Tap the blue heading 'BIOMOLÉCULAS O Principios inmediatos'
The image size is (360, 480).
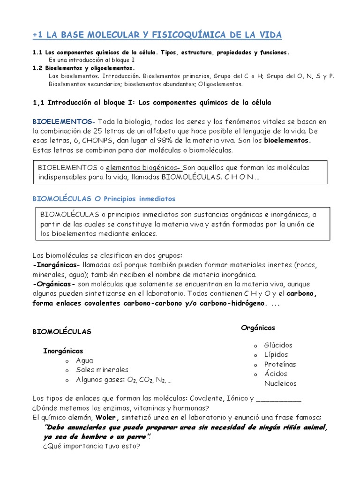(104, 199)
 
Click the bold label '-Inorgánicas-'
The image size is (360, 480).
(54, 264)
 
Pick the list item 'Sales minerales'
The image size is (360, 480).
(102, 370)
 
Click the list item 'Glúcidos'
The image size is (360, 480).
(278, 345)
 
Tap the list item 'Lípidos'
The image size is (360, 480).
(276, 355)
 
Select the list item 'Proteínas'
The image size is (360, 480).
(280, 364)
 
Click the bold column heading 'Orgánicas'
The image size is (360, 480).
(258, 327)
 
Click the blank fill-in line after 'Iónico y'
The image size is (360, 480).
(279, 399)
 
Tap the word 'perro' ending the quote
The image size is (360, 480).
(134, 436)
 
